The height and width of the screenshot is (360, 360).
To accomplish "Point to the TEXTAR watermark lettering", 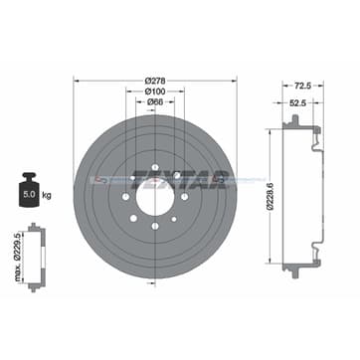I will [198, 180].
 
